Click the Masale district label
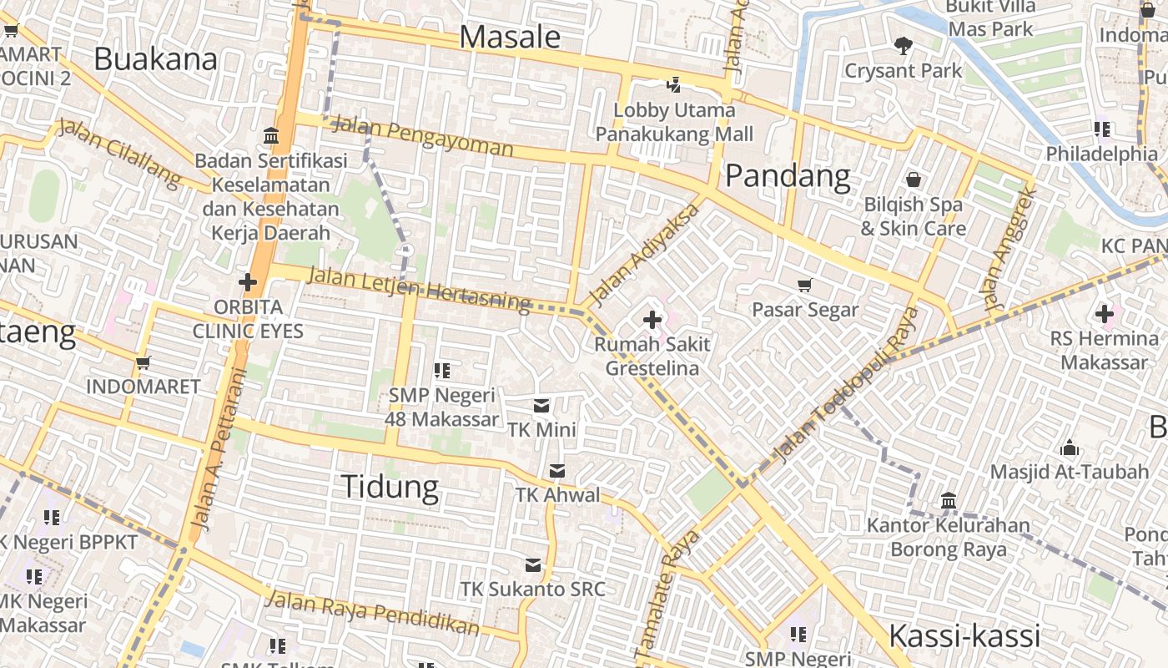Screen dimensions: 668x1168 tap(510, 37)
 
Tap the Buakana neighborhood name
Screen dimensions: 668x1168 tap(155, 58)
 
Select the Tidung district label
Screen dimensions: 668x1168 tap(390, 486)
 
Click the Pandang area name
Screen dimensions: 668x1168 tap(788, 176)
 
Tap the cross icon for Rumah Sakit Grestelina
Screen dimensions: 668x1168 tap(652, 319)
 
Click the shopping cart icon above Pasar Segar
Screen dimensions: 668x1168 tap(805, 286)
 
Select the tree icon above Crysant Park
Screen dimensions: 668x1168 tap(903, 45)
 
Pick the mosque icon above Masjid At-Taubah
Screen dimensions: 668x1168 tap(1070, 448)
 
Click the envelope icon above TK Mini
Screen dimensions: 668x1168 tap(541, 406)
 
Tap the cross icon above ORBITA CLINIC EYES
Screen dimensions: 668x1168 tap(248, 282)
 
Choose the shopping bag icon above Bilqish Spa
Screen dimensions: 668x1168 tap(914, 180)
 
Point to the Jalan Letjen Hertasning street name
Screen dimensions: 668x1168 tap(419, 288)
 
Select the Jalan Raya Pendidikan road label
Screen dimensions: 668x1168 tap(373, 612)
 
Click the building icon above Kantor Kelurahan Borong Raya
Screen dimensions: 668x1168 tap(949, 501)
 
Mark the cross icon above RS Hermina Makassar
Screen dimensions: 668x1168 tap(1105, 315)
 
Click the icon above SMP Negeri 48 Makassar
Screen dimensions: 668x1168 tap(442, 370)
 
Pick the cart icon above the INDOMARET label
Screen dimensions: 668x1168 tap(143, 362)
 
